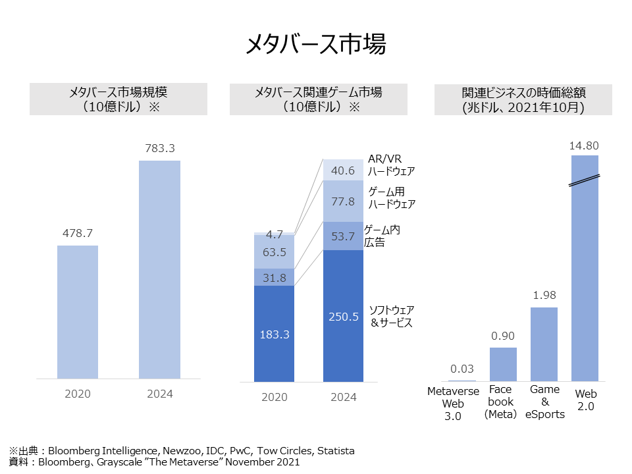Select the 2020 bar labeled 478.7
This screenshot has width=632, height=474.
78,312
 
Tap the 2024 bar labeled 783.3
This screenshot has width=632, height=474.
160,270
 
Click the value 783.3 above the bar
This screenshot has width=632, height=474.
160,149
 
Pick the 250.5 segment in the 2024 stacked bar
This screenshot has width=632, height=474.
344,316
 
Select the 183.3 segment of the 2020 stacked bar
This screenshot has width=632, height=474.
274,334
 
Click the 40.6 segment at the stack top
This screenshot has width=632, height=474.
344,170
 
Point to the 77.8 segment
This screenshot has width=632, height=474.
344,201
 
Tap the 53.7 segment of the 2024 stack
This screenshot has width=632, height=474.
344,236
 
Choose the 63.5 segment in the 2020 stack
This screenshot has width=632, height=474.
274,252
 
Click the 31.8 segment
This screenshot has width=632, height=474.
274,277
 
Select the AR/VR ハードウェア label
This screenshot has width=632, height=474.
391,166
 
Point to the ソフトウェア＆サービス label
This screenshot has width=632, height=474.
391,316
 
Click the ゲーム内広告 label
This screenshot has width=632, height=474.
382,236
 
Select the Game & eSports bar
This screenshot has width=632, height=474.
544,344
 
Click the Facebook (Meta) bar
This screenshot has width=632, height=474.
503,365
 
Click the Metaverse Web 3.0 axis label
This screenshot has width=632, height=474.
462,403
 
